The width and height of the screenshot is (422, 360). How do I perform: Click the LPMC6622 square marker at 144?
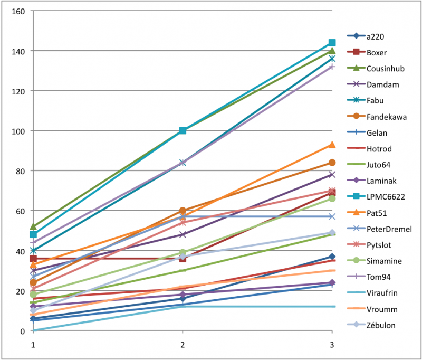(x=332, y=43)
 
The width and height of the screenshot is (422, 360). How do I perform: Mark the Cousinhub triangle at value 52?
(x=33, y=227)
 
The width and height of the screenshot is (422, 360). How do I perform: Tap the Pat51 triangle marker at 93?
(x=332, y=145)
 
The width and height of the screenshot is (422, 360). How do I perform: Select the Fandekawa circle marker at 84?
(x=332, y=163)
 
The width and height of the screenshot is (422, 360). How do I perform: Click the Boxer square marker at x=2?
(x=183, y=259)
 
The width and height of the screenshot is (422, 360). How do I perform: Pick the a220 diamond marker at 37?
(x=332, y=257)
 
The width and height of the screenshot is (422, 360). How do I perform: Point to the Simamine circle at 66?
(x=332, y=199)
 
